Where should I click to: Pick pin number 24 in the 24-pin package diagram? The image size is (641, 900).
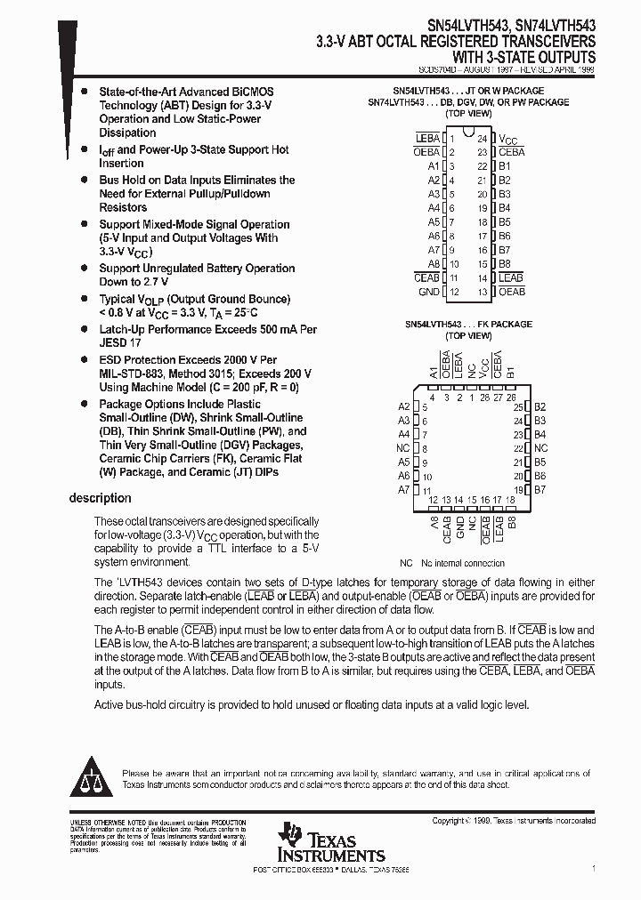coord(482,139)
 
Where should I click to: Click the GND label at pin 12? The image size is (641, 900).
coord(428,292)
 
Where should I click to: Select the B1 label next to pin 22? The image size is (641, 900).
coord(504,166)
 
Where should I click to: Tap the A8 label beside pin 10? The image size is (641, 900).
coord(434,264)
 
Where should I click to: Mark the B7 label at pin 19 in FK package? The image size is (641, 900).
coord(540,490)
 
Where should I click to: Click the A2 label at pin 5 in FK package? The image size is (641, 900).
coord(404,406)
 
